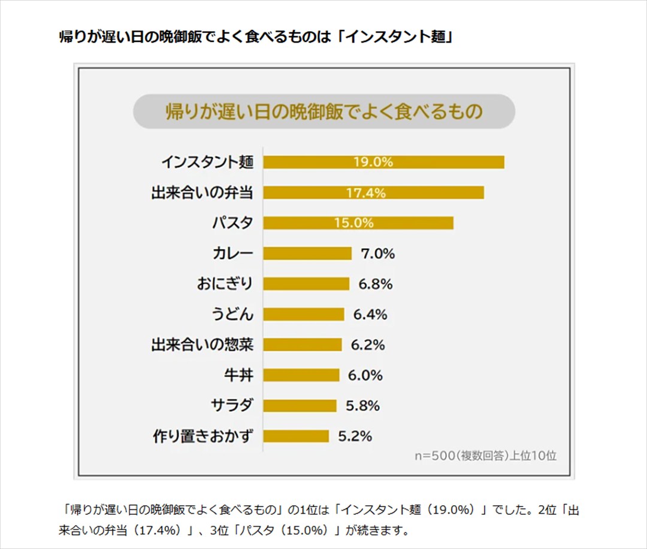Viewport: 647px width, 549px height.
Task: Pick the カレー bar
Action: pyautogui.click(x=307, y=254)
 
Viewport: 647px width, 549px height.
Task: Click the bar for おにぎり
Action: pyautogui.click(x=306, y=284)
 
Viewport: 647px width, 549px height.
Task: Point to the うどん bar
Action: pyautogui.click(x=304, y=315)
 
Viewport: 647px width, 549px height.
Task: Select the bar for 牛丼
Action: pyautogui.click(x=301, y=375)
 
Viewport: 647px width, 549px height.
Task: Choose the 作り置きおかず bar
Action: pyautogui.click(x=296, y=436)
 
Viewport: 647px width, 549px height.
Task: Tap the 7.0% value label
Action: pyautogui.click(x=377, y=254)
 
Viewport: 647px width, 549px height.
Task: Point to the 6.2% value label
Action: pyautogui.click(x=368, y=345)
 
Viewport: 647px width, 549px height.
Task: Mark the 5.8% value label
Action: pyautogui.click(x=362, y=406)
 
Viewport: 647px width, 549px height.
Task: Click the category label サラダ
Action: pyautogui.click(x=232, y=406)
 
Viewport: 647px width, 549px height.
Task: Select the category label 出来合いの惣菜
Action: pyautogui.click(x=202, y=345)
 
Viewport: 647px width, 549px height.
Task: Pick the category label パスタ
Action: pyautogui.click(x=232, y=223)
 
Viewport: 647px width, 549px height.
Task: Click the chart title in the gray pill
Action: pyautogui.click(x=323, y=111)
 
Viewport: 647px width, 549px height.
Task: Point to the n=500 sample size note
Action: pyautogui.click(x=486, y=455)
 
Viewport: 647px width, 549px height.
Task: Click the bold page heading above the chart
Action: pyautogui.click(x=255, y=37)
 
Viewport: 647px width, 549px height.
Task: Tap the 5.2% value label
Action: pyautogui.click(x=355, y=436)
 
